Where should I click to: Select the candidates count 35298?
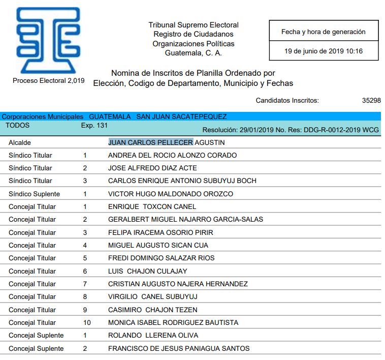click(x=371, y=101)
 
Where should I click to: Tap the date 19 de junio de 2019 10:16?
click(x=324, y=51)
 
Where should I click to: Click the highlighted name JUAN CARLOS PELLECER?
click(x=150, y=142)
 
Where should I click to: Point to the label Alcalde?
click(x=20, y=143)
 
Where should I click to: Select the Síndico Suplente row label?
click(x=34, y=194)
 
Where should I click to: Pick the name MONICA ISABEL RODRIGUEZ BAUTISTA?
click(x=173, y=322)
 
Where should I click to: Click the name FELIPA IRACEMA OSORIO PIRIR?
click(x=161, y=232)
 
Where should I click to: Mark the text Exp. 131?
click(x=94, y=125)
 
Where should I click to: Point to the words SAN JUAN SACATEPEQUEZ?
click(x=181, y=117)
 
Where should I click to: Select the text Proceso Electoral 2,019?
click(x=48, y=81)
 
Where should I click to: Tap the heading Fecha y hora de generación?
click(x=324, y=32)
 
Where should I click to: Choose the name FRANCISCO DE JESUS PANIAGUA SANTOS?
click(x=179, y=348)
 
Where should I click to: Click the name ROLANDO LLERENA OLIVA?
click(x=153, y=335)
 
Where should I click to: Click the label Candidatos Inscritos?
click(x=287, y=101)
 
